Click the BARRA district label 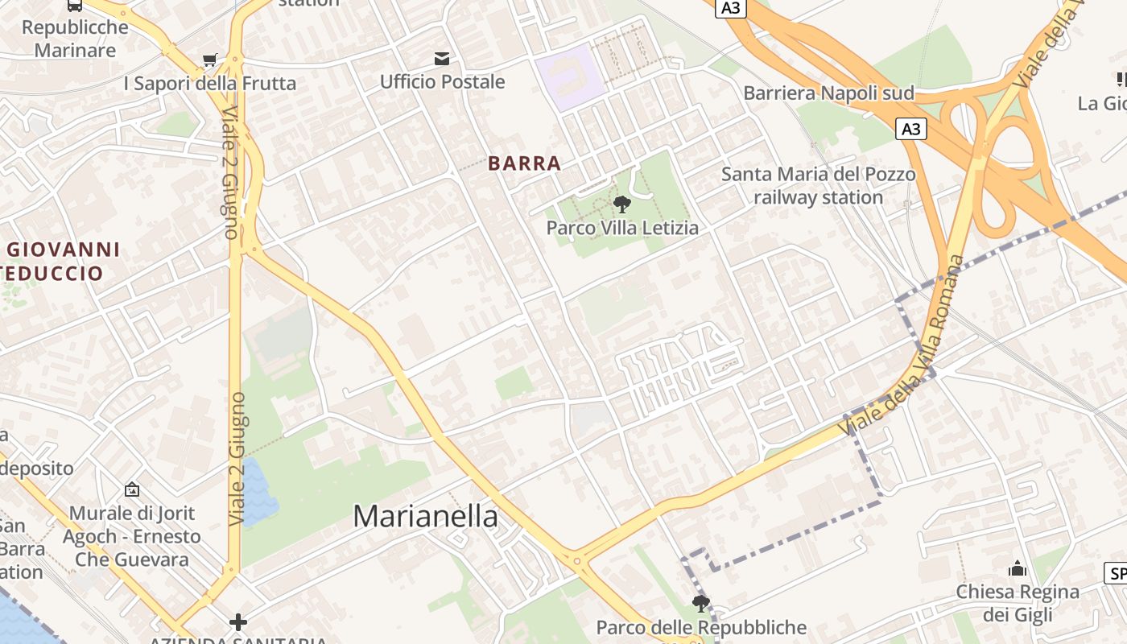pos(524,163)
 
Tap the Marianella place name pos(426,516)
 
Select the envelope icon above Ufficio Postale pos(442,58)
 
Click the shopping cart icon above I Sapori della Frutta pos(210,60)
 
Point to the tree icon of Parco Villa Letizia pos(621,204)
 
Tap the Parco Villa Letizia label pos(622,228)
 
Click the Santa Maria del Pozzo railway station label pos(818,186)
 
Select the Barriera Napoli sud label pos(828,93)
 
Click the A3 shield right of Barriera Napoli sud pos(911,129)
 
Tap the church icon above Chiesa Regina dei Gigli pos(1018,569)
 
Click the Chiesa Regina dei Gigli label pos(1018,604)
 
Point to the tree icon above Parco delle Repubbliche pos(700,604)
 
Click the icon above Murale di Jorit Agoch pos(131,489)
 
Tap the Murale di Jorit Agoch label pos(131,536)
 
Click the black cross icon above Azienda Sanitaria pos(237,621)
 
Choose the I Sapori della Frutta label pos(209,84)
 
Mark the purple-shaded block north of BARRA pos(570,76)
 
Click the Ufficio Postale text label pos(442,82)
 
